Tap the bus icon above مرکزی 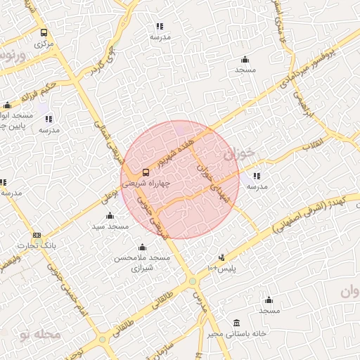(44, 32)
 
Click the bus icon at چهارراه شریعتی (146, 172)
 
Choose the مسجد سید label (109, 226)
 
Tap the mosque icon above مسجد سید (110, 216)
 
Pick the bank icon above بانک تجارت (37, 235)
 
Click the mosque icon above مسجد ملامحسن (143, 247)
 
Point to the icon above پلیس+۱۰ (222, 257)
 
